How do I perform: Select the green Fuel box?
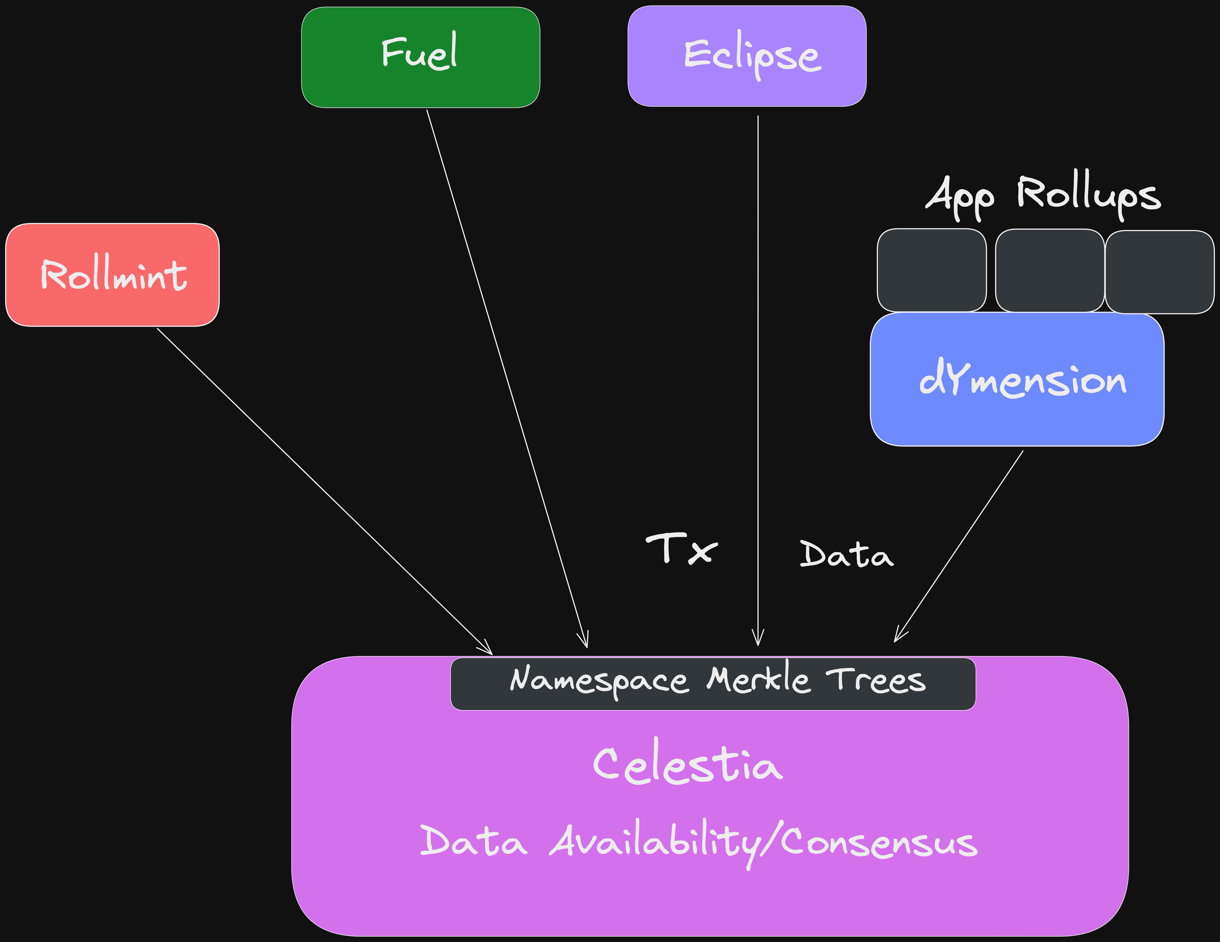pyautogui.click(x=420, y=57)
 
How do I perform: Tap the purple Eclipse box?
pyautogui.click(x=747, y=56)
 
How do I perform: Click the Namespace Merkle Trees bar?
pyautogui.click(x=713, y=684)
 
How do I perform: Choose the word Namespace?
pyautogui.click(x=598, y=680)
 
